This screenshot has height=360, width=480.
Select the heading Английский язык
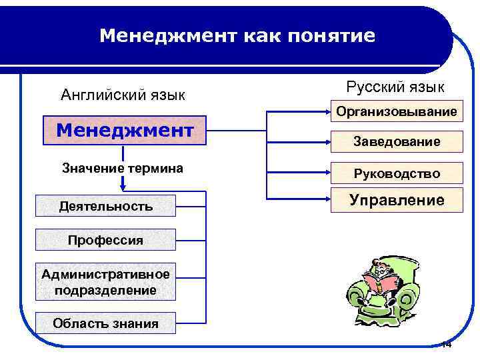point(123,95)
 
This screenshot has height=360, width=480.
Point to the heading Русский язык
point(395,87)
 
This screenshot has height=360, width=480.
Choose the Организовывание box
point(397,111)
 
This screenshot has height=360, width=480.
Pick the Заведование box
point(397,141)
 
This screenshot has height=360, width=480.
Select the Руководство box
point(397,173)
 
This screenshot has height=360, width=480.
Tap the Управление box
point(397,200)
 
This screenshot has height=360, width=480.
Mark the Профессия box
point(106,239)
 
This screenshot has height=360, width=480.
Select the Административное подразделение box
point(106,282)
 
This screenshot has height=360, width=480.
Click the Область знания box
point(106,323)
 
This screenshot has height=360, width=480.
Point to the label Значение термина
point(123,168)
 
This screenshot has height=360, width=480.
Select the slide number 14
point(446,345)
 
